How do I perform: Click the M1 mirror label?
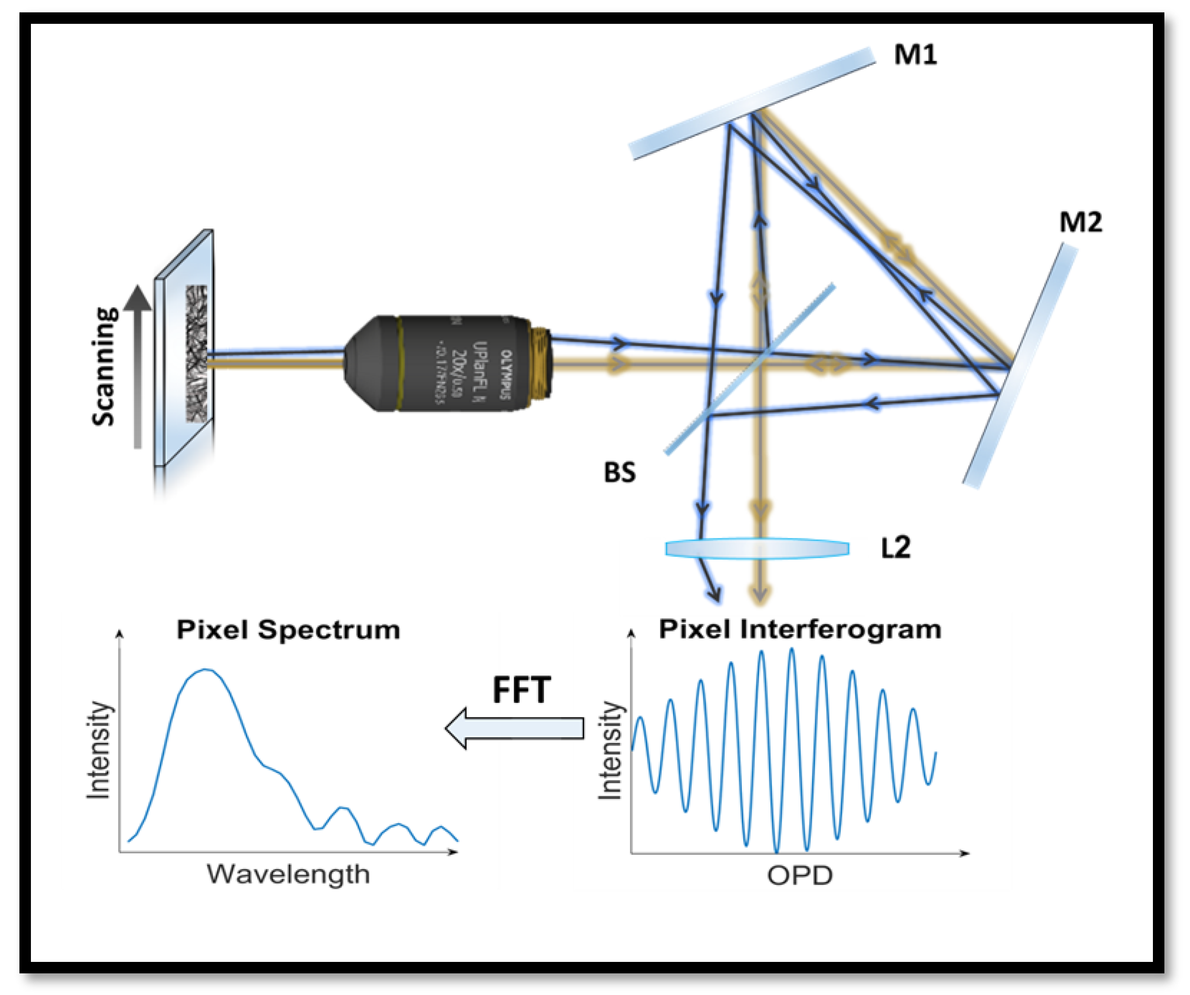[914, 55]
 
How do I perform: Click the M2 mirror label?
[1080, 222]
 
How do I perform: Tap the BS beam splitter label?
[620, 472]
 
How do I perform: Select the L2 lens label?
[895, 548]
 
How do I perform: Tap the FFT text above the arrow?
[521, 690]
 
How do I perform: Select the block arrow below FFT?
[514, 728]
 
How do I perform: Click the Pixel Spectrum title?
[288, 630]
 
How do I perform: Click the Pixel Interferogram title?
[800, 629]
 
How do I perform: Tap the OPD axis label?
[800, 875]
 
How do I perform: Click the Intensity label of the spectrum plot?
[99, 751]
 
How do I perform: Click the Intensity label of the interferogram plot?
[611, 751]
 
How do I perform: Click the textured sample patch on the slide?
[196, 353]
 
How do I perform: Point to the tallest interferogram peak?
[792, 650]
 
